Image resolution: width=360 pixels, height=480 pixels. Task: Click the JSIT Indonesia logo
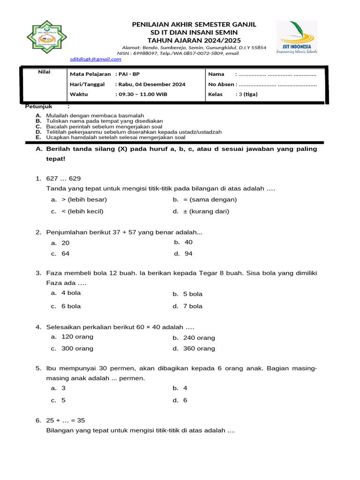(296, 37)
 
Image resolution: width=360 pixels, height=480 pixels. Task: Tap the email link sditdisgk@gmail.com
(96, 59)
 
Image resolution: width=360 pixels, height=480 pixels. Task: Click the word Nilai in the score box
(44, 72)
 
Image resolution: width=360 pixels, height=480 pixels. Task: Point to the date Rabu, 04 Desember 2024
(151, 84)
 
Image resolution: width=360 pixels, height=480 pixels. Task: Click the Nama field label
(216, 74)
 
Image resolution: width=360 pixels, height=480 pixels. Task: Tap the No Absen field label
(221, 84)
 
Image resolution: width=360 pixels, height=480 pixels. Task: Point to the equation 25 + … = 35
(66, 420)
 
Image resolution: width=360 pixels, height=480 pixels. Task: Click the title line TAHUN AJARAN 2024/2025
(194, 40)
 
